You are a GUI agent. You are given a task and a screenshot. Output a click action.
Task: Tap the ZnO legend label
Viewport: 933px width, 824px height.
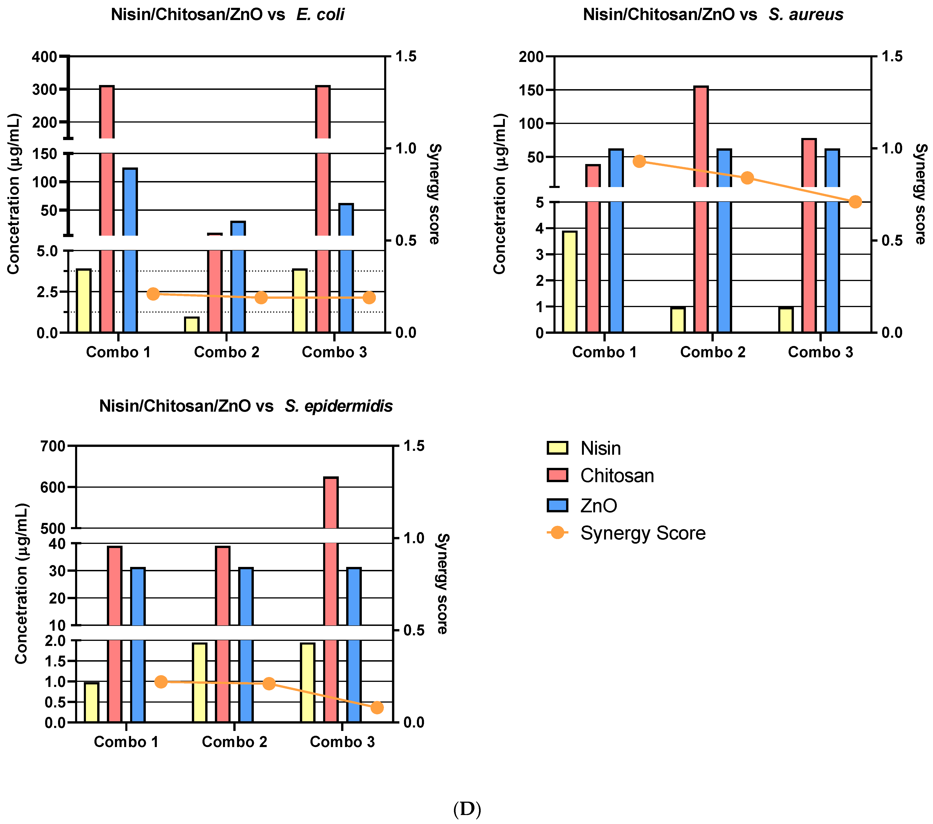598,505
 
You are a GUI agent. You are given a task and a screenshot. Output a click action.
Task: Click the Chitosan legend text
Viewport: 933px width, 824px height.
617,476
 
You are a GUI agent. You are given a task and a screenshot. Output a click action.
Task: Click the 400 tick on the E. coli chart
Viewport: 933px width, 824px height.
44,57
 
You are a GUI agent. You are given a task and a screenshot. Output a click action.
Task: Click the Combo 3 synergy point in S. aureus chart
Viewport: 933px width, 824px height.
855,202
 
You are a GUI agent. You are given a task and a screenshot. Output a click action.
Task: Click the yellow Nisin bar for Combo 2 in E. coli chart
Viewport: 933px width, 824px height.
192,325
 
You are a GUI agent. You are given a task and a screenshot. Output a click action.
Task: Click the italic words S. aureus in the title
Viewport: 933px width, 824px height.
806,15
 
